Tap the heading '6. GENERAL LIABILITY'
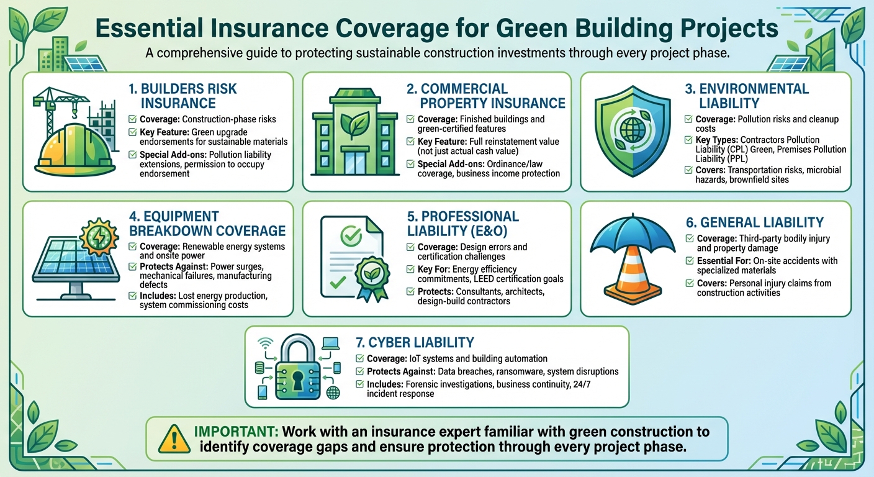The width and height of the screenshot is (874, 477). pos(762,222)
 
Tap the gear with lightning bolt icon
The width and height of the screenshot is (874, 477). pos(100,236)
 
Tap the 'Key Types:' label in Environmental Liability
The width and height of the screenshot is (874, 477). pos(716,140)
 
